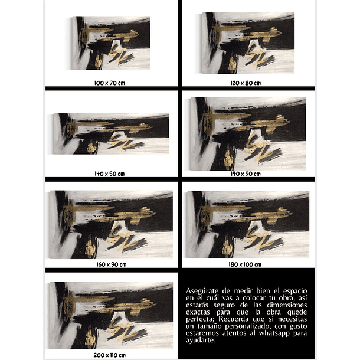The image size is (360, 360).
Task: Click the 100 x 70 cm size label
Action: (110, 83)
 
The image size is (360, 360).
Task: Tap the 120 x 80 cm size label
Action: (246, 83)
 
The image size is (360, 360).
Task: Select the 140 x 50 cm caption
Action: (110, 174)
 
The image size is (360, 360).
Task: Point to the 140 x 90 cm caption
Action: (246, 174)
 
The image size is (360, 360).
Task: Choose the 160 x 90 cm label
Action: (112, 264)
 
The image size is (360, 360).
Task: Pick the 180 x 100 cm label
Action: (245, 264)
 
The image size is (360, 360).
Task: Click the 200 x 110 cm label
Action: (110, 355)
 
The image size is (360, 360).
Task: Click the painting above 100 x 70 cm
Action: (111, 43)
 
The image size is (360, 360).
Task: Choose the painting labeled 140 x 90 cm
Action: (247, 133)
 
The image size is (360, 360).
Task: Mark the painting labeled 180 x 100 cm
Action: (247, 224)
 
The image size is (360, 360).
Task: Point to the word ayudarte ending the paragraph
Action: (201, 341)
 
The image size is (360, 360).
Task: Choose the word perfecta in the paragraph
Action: (201, 319)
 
